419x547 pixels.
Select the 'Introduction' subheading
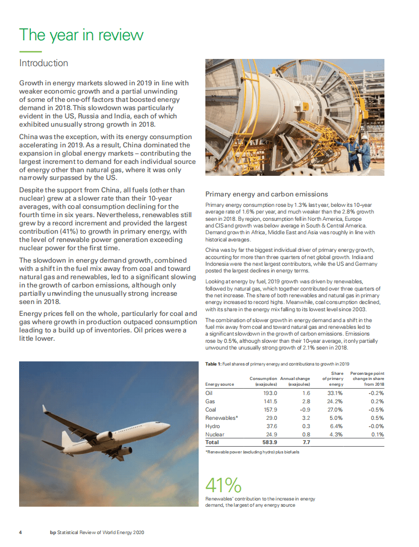pos(43,63)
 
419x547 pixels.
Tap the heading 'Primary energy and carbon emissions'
pos(266,194)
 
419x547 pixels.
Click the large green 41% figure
pos(223,485)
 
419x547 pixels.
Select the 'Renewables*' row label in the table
pos(221,418)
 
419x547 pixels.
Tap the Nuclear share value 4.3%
pos(336,434)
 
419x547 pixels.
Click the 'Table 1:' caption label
pos(213,364)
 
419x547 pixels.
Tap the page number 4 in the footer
pos(21,532)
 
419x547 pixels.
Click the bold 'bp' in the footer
pos(53,532)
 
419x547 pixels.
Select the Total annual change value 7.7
pos(305,443)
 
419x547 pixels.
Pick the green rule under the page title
pos(30,51)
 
